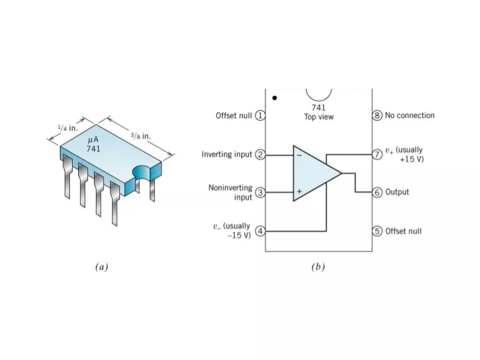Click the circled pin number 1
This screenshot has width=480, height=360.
pyautogui.click(x=260, y=115)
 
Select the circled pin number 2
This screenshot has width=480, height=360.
pyautogui.click(x=260, y=154)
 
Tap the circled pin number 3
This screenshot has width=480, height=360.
pyautogui.click(x=260, y=193)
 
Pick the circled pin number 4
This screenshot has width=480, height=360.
pyautogui.click(x=260, y=231)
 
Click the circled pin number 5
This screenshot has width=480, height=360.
pyautogui.click(x=377, y=231)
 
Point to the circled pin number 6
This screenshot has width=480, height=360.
pyautogui.click(x=377, y=193)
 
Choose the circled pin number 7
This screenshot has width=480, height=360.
pyautogui.click(x=377, y=154)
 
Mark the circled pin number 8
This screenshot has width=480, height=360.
pyautogui.click(x=377, y=115)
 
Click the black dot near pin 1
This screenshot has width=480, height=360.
pyautogui.click(x=275, y=98)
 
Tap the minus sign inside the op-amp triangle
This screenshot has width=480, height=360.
pyautogui.click(x=299, y=155)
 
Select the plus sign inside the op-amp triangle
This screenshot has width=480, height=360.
pyautogui.click(x=299, y=191)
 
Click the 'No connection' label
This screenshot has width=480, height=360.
pyautogui.click(x=409, y=115)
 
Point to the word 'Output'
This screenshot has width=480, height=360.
pyautogui.click(x=397, y=192)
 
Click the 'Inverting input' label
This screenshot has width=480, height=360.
pyautogui.click(x=227, y=154)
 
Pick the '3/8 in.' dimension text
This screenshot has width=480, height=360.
pyautogui.click(x=141, y=135)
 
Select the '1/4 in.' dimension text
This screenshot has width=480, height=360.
pyautogui.click(x=68, y=128)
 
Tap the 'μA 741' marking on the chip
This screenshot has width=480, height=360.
pyautogui.click(x=93, y=144)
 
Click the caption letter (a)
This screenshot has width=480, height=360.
pyautogui.click(x=101, y=267)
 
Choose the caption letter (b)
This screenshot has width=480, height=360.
pyautogui.click(x=318, y=267)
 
